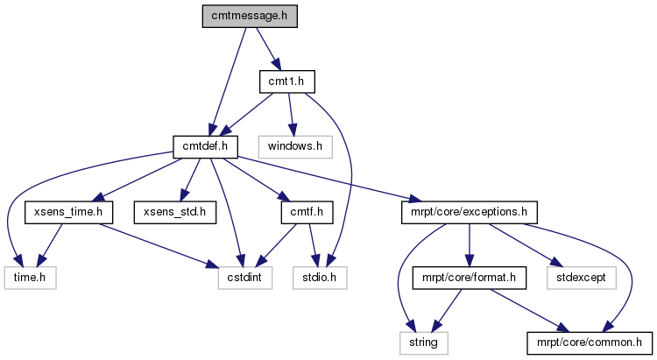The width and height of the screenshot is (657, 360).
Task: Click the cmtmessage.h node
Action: pyautogui.click(x=250, y=17)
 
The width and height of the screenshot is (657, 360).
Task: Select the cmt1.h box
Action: pyautogui.click(x=287, y=81)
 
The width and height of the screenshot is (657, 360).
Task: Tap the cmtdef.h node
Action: pyautogui.click(x=205, y=146)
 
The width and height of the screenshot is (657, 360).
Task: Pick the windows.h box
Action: pyautogui.click(x=295, y=146)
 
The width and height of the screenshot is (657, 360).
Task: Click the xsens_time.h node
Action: pyautogui.click(x=68, y=212)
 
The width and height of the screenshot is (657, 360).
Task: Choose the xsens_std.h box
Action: pyautogui.click(x=175, y=212)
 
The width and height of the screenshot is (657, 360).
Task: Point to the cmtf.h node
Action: pyautogui.click(x=307, y=212)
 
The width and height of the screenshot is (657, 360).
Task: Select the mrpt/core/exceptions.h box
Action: pyautogui.click(x=470, y=212)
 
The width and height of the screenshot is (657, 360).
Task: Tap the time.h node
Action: pyautogui.click(x=30, y=278)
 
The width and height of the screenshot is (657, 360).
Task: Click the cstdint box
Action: pyautogui.click(x=245, y=278)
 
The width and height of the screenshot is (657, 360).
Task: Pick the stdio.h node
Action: pyautogui.click(x=320, y=278)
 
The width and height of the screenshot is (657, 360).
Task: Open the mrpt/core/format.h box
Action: pyautogui.click(x=470, y=278)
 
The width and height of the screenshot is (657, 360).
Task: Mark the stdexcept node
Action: pyautogui.click(x=582, y=278)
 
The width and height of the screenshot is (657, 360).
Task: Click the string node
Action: pyautogui.click(x=424, y=342)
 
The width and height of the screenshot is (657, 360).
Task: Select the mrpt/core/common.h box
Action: pyautogui.click(x=590, y=342)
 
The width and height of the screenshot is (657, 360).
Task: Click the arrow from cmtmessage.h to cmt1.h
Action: pyautogui.click(x=268, y=49)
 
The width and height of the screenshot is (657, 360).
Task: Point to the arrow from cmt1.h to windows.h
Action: pyautogui.click(x=291, y=115)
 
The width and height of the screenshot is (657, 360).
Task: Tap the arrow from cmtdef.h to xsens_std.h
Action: pyautogui.click(x=190, y=180)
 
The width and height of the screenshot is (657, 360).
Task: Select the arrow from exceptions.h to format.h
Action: pyautogui.click(x=470, y=245)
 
